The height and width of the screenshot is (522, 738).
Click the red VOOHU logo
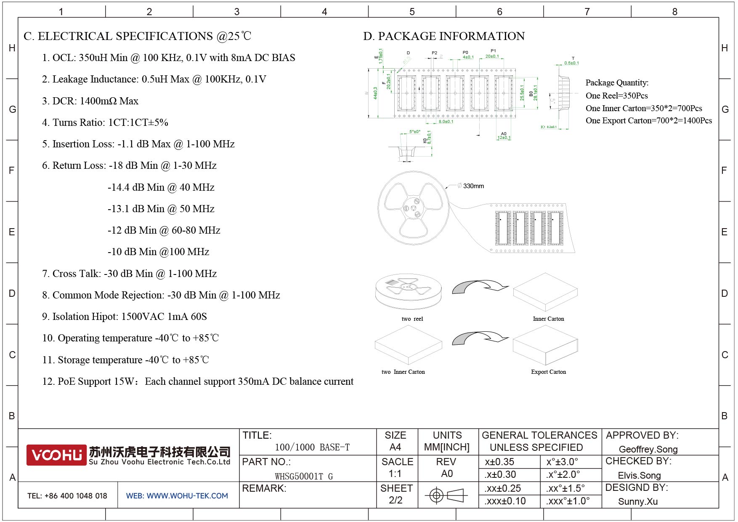pos(56,455)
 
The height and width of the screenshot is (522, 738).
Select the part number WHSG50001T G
pos(304,476)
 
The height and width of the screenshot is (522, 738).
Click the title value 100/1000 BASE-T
pos(312,447)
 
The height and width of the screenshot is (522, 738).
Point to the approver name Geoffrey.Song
pos(648,449)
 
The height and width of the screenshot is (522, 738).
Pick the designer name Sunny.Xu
pos(637,501)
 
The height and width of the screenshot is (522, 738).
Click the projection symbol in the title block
pos(446,495)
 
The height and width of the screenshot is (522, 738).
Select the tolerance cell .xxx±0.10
pos(505,501)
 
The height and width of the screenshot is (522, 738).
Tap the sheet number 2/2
pos(396,500)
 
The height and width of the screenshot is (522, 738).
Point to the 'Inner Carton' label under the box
pos(548,319)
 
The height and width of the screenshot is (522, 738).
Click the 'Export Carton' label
pos(548,372)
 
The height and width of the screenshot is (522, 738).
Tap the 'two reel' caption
pos(412,319)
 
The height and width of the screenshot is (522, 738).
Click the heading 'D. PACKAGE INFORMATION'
pos(444,36)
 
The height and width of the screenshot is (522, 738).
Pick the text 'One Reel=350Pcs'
pos(616,96)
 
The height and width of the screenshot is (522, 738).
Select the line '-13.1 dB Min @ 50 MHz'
pos(161,209)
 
